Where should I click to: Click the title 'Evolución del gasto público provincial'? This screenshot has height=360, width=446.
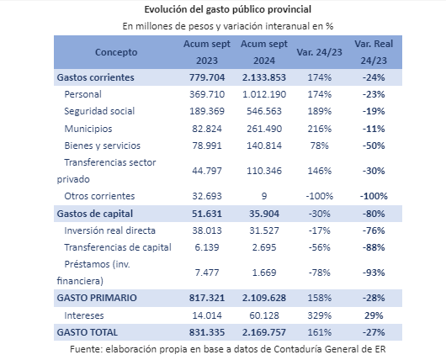[227, 9]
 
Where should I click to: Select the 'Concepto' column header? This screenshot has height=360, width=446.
[116, 52]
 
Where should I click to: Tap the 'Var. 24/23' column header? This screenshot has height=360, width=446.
[319, 52]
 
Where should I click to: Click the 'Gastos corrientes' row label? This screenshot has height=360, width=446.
[95, 77]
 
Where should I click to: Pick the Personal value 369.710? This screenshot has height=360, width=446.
[207, 94]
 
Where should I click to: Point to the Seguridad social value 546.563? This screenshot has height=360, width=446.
[264, 111]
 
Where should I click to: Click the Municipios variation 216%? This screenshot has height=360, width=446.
[319, 129]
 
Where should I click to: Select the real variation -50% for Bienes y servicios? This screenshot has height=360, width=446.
[374, 146]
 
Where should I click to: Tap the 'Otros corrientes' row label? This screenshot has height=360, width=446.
[99, 196]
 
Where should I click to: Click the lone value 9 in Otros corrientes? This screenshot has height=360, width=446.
[264, 196]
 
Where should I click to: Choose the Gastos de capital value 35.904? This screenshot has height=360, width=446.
[264, 214]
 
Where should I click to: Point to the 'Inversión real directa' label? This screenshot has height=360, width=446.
[109, 230]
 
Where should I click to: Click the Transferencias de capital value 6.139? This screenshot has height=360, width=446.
[207, 247]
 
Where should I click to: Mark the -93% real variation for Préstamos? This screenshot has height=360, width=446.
[374, 273]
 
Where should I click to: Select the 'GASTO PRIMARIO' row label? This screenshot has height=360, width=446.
[97, 298]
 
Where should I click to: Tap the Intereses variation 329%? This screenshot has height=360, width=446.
[319, 315]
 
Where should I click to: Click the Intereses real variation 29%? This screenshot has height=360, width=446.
[374, 315]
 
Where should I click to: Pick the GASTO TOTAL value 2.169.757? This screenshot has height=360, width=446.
[264, 332]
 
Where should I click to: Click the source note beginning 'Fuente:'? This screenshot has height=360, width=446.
[228, 349]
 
